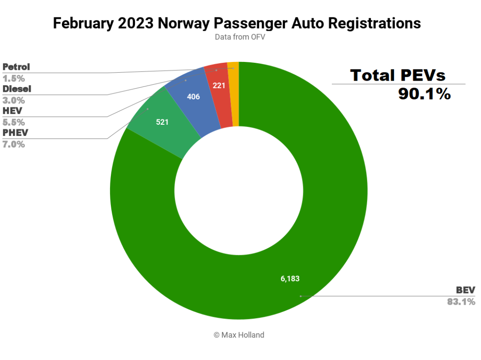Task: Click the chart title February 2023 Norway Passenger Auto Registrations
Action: [236, 23]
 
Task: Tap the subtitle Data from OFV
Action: [240, 37]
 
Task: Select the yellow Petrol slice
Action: [234, 94]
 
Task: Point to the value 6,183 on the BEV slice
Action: [290, 279]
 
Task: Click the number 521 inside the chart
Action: [162, 122]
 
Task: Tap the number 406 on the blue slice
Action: [193, 96]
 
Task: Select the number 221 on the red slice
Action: [219, 86]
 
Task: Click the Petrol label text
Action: [16, 67]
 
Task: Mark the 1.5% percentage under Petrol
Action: [13, 78]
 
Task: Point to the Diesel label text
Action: [17, 89]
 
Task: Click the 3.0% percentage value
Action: [13, 100]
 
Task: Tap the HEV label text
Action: [12, 111]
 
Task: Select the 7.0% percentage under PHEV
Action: [13, 144]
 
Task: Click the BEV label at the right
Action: [465, 290]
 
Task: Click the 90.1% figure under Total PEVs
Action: [424, 94]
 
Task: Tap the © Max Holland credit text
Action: [239, 335]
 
